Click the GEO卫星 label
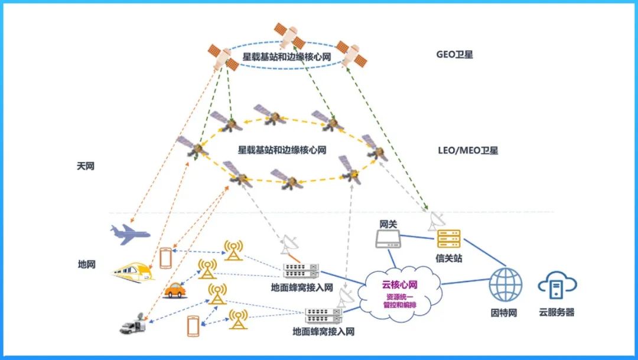454,55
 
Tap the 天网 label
86,166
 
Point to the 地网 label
86,264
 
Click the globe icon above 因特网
505,284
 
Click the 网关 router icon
388,238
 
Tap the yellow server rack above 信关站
448,239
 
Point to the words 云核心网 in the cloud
400,286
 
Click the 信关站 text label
449,258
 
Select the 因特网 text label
504,312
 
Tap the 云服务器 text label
556,312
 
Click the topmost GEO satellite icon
289,35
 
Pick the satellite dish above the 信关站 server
437,220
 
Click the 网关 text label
388,223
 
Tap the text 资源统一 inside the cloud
400,296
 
